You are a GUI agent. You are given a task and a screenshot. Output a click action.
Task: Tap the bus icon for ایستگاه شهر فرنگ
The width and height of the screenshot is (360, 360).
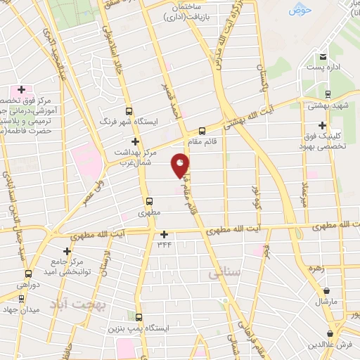[128, 111]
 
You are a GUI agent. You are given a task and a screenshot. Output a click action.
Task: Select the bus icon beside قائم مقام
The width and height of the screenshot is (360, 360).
[202, 131]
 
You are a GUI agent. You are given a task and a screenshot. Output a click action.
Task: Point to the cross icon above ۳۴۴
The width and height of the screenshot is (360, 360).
[164, 234]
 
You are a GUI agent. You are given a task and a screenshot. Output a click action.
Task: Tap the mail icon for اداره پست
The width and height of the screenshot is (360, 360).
[323, 57]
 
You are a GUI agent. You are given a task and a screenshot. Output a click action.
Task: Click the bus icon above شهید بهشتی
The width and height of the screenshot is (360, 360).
[328, 94]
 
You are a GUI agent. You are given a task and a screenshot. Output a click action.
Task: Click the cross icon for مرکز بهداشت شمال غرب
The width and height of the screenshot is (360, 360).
[134, 141]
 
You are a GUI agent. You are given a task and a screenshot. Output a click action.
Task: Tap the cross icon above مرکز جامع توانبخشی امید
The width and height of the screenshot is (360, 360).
[67, 251]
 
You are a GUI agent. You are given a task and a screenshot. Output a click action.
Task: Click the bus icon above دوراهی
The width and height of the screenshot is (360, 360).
[27, 274]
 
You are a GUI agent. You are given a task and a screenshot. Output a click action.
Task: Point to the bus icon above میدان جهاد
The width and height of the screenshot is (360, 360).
[20, 298]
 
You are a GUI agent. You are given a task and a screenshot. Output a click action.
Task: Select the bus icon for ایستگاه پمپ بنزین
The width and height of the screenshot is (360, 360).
[138, 318]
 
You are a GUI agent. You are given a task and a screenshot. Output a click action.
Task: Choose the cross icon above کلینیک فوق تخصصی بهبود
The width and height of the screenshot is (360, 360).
[323, 125]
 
